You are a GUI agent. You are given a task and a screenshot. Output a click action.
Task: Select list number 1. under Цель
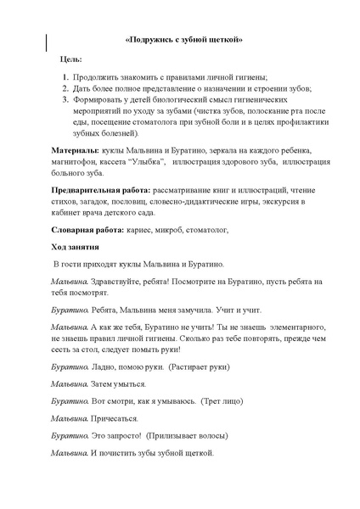[x=65, y=77]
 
